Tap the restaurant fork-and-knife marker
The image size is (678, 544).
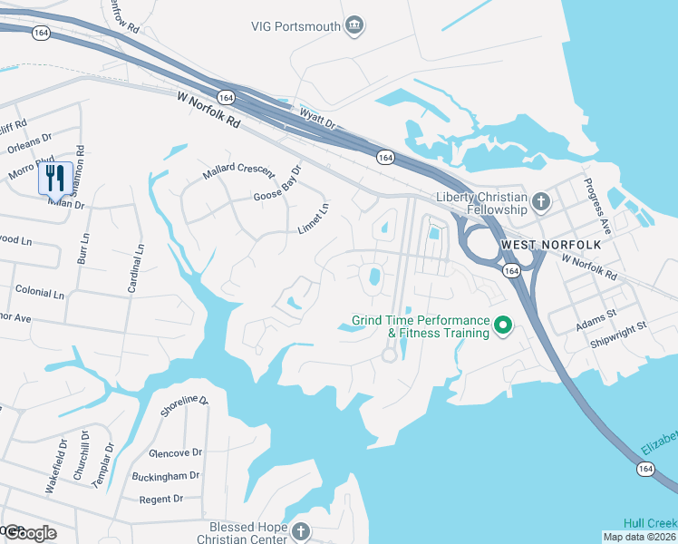(x=55, y=179)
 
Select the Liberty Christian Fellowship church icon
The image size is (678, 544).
(x=541, y=201)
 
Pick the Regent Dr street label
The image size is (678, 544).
(x=160, y=500)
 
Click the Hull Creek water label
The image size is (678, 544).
(x=650, y=523)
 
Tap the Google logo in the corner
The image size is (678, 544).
(x=29, y=533)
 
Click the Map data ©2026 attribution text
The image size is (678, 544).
(x=639, y=537)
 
